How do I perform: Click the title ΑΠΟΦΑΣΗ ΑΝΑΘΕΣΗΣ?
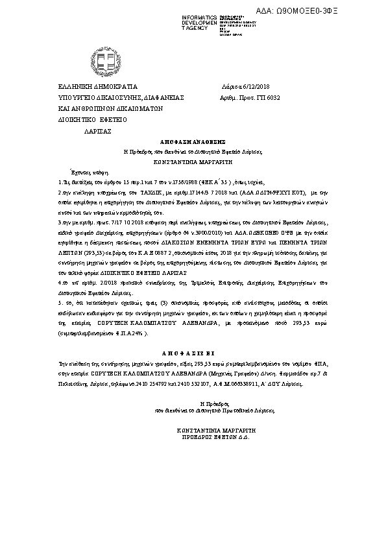192,140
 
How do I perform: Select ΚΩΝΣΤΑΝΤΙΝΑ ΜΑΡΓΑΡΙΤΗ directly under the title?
192,158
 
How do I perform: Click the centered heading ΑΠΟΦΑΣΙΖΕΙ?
192,355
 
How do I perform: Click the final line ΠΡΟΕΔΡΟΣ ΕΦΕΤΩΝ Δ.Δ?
212,438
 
